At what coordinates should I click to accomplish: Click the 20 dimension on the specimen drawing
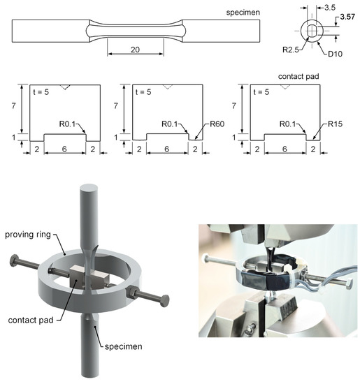click(135, 50)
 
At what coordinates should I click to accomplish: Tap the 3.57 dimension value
click(347, 17)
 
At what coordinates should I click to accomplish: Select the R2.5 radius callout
click(291, 50)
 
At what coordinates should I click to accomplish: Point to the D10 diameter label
click(335, 54)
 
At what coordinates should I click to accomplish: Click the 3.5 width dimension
click(330, 8)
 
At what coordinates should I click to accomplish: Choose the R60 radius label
click(217, 124)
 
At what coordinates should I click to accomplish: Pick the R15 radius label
click(335, 124)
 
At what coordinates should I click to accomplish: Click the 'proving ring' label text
click(28, 235)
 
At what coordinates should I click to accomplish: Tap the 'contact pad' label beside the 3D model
click(31, 320)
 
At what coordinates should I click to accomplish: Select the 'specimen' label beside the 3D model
click(123, 347)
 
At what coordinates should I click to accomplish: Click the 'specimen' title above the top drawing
click(243, 13)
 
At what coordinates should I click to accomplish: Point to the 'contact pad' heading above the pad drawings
click(298, 77)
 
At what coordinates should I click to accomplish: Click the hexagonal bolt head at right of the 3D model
click(164, 300)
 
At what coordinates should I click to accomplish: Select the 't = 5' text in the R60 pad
click(143, 92)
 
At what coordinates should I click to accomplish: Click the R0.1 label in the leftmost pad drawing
click(67, 124)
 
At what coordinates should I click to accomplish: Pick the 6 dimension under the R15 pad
click(285, 149)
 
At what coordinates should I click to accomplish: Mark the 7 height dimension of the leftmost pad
click(13, 106)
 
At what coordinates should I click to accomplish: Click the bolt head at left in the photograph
click(206, 258)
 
